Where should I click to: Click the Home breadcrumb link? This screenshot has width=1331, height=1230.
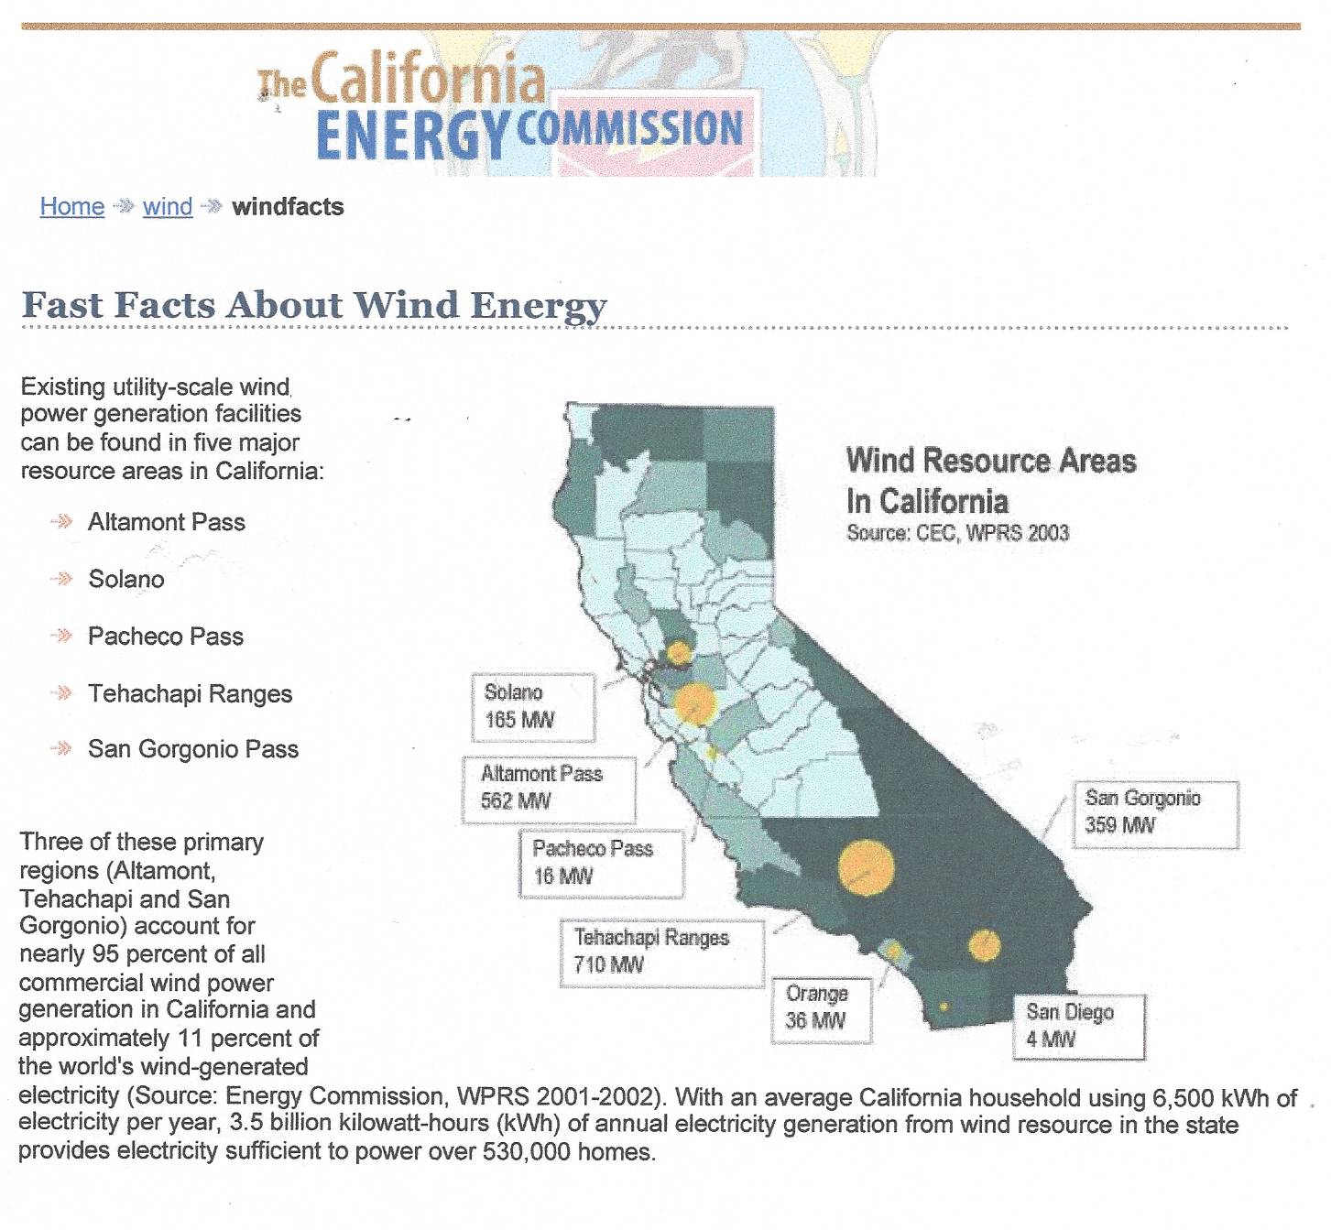pyautogui.click(x=72, y=206)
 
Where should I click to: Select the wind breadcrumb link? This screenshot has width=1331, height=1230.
pyautogui.click(x=168, y=206)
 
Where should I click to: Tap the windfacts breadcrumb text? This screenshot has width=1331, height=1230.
pyautogui.click(x=289, y=206)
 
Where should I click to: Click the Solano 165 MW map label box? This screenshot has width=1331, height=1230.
pyautogui.click(x=533, y=708)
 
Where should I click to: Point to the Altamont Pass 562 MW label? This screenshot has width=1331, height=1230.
pyautogui.click(x=549, y=790)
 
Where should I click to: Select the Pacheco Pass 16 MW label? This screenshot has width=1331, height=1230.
pyautogui.click(x=602, y=864)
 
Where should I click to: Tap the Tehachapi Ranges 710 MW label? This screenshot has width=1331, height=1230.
pyautogui.click(x=662, y=953)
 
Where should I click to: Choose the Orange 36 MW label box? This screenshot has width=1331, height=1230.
pyautogui.click(x=822, y=1010)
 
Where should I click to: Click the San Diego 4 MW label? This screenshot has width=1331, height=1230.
pyautogui.click(x=1079, y=1028)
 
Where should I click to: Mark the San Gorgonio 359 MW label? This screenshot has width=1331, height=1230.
pyautogui.click(x=1156, y=814)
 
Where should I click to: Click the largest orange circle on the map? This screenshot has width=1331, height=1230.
pyautogui.click(x=867, y=868)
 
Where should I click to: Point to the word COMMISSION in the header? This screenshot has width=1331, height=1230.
pyautogui.click(x=630, y=129)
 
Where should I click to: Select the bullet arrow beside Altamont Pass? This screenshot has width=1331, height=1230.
pyautogui.click(x=61, y=521)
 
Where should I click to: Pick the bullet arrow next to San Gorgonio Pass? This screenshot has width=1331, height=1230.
pyautogui.click(x=61, y=748)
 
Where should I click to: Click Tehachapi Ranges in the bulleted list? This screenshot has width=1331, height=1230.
pyautogui.click(x=191, y=693)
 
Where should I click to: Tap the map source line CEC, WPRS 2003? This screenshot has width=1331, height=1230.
pyautogui.click(x=957, y=533)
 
